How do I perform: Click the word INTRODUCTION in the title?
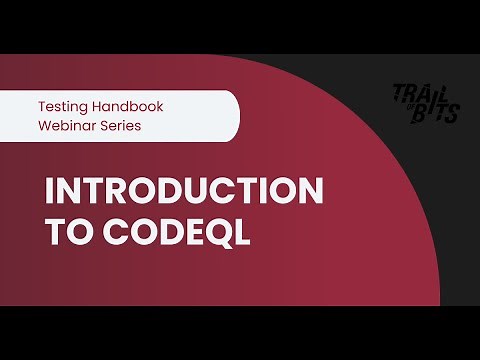(x=184, y=192)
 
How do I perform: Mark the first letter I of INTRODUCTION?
(x=49, y=192)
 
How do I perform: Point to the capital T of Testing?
(x=42, y=105)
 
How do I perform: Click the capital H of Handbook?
(x=103, y=105)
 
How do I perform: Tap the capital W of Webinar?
(x=45, y=126)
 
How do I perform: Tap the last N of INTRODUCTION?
(x=311, y=192)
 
